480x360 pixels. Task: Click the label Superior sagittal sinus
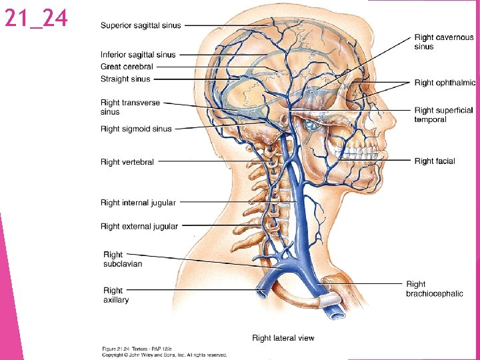[x=140, y=26]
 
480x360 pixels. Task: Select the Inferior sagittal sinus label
[x=138, y=55]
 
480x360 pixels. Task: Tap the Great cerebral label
[x=127, y=67]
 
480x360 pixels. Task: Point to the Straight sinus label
[x=125, y=79]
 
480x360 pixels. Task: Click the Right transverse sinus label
[x=129, y=107]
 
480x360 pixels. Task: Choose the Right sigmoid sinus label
[x=136, y=129]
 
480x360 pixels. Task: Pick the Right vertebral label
[x=127, y=162]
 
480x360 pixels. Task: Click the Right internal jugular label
[x=138, y=203]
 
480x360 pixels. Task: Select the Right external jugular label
[x=139, y=227]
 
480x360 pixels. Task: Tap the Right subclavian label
[x=122, y=259]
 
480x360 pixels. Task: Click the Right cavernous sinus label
[x=443, y=42]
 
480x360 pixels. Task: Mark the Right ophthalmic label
[x=445, y=83]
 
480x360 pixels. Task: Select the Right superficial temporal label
[x=443, y=115]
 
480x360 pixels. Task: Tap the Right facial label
[x=434, y=161]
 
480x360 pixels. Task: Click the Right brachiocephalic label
[x=434, y=289]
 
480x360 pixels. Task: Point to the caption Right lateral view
[x=283, y=338]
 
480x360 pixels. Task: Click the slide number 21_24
[x=36, y=19]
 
